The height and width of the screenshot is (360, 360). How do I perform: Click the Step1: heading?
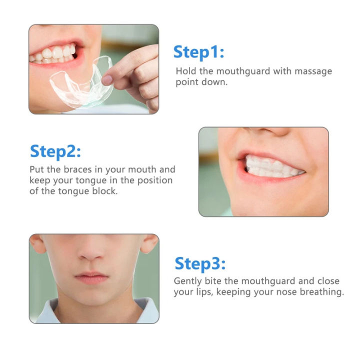(198, 51)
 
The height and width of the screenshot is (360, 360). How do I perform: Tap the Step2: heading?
(55, 150)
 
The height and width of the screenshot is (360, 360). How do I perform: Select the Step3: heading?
(199, 263)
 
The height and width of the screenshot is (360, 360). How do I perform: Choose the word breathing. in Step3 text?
(321, 292)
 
